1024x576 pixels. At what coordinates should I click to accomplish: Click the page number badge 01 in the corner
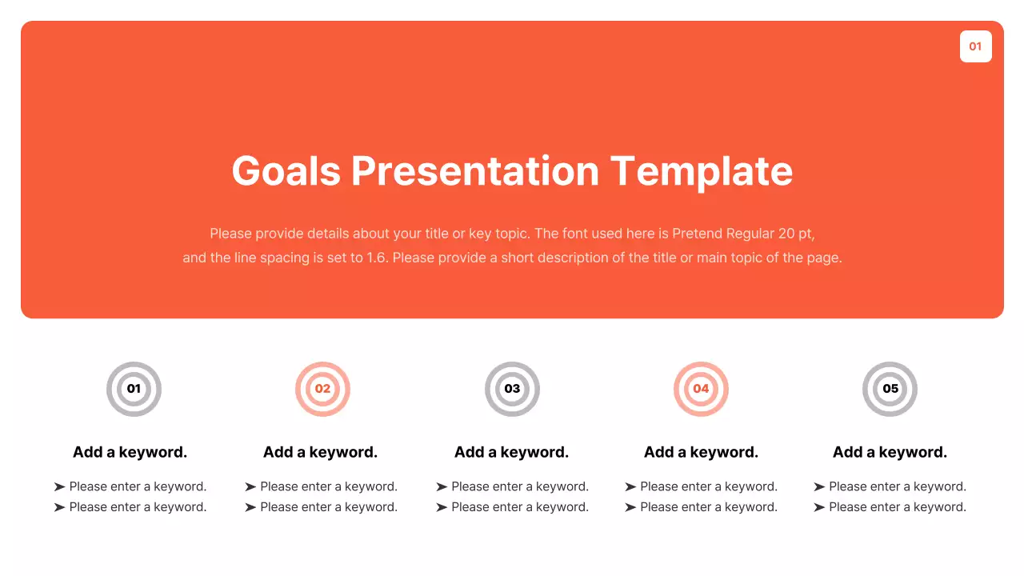(975, 46)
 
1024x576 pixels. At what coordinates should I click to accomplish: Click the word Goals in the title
(286, 171)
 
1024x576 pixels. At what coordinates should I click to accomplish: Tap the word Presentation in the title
(475, 171)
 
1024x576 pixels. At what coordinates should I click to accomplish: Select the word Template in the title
(702, 171)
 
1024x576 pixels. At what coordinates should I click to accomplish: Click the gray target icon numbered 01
(134, 389)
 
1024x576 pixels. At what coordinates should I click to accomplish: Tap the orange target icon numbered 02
(322, 389)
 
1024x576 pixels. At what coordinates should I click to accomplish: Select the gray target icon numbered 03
(512, 389)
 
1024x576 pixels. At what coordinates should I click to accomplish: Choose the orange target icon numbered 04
(701, 389)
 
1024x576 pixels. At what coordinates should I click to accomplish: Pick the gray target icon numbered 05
(890, 389)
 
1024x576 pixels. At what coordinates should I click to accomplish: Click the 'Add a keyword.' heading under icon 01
(130, 452)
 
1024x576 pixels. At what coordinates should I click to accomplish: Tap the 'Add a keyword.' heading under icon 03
(511, 452)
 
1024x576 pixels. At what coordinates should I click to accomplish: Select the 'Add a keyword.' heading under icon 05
(890, 452)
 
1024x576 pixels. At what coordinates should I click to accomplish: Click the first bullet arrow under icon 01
(59, 486)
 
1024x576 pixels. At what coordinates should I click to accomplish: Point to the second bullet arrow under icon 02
(250, 507)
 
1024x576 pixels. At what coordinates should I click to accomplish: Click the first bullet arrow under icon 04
(630, 486)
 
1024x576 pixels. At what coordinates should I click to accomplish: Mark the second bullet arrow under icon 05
(819, 507)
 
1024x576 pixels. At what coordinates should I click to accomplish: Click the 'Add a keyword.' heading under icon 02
(320, 452)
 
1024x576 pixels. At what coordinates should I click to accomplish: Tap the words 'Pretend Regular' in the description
(722, 234)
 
